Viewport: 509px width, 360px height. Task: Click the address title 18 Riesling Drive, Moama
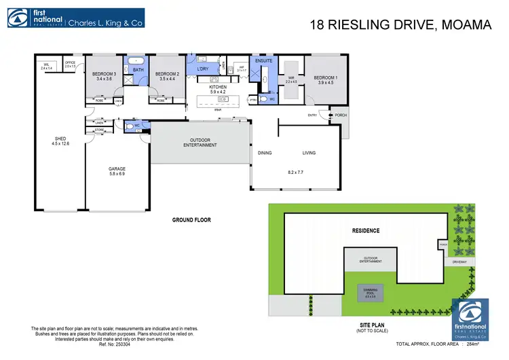[400, 26]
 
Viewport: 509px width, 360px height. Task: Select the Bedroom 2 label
[166, 75]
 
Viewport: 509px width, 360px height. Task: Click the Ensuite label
[263, 61]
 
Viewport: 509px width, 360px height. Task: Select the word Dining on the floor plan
[265, 153]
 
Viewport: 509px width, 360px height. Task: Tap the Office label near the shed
[70, 65]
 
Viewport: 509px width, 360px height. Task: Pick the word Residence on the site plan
[365, 231]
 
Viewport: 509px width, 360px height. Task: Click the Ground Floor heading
[192, 220]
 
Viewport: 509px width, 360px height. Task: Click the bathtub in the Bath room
[138, 60]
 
